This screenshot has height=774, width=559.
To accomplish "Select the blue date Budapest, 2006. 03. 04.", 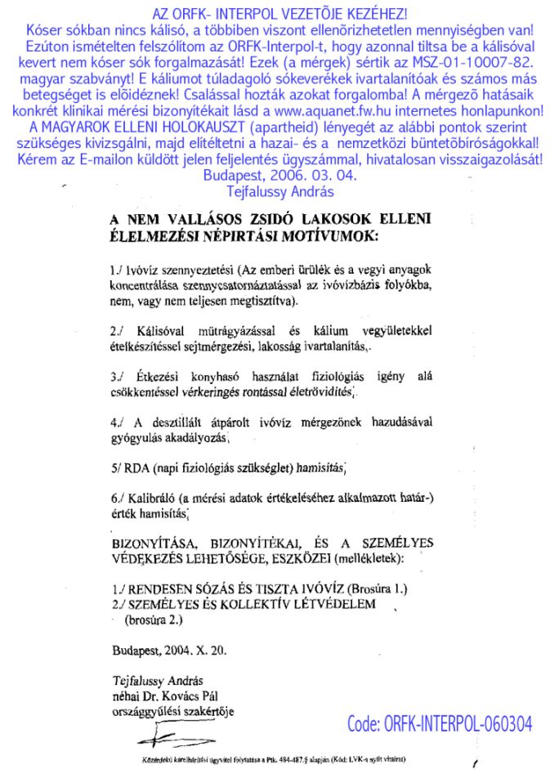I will pos(279,174).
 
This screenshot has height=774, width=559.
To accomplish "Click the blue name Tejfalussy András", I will pos(279,190).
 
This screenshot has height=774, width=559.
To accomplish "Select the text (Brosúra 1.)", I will pos(378,589).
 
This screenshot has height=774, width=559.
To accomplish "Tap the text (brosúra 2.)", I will pos(154,620).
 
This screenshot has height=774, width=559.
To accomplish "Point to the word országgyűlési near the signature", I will pos(147,710).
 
